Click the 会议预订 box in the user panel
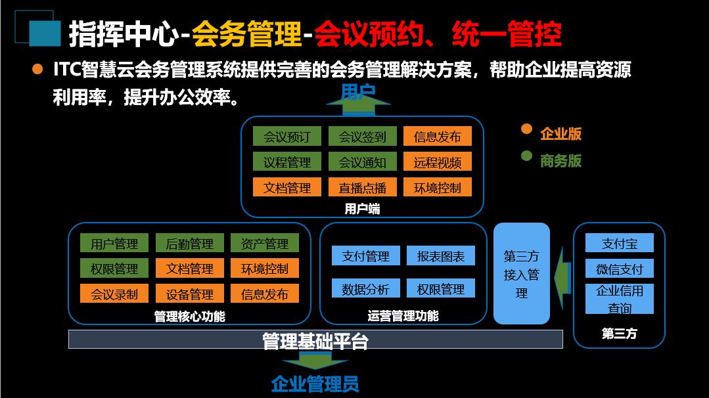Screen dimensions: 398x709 click(286, 137)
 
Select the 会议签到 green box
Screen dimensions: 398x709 click(362, 137)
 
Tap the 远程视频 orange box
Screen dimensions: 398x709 click(437, 162)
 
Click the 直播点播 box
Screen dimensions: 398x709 click(362, 187)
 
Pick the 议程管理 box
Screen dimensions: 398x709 click(286, 162)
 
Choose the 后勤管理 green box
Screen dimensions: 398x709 click(190, 244)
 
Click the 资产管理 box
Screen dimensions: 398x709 click(264, 244)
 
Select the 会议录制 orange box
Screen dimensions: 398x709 click(114, 294)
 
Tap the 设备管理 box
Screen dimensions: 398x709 click(190, 294)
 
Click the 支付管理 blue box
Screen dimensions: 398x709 click(365, 256)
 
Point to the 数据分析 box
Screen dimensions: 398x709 click(365, 289)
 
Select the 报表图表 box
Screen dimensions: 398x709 click(440, 256)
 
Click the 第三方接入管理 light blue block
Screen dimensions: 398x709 click(521, 274)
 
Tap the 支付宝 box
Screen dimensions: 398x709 click(619, 243)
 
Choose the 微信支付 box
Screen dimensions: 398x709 click(619, 269)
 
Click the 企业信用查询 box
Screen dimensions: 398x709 click(619, 299)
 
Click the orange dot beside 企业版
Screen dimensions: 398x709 click(526, 129)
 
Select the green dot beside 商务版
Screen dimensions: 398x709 click(526, 157)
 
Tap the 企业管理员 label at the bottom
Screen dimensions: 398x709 click(315, 383)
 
